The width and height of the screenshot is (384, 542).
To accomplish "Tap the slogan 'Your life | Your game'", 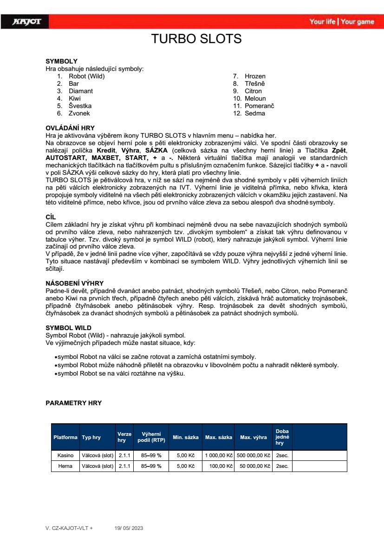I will coord(342,22).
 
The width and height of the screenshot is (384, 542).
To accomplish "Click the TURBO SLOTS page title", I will coord(196,39).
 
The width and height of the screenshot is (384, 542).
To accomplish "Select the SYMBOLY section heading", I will coord(61,61).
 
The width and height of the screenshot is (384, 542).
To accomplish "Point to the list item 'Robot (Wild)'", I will coord(87,76).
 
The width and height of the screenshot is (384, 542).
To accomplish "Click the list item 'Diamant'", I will coord(81,91).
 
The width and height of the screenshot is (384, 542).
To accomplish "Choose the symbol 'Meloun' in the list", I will coord(255,98).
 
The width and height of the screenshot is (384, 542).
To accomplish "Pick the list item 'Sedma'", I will coord(255,113).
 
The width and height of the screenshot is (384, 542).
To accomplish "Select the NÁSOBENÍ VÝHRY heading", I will coord(74,283).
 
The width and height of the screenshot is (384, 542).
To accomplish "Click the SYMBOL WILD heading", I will coord(68,328).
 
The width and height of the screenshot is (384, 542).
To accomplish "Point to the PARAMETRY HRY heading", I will coord(73,403).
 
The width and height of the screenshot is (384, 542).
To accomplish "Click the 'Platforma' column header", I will coord(65,437).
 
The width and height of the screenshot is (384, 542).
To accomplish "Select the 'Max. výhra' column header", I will coord(253,437).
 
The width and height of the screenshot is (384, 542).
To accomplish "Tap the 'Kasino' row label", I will coord(65,455).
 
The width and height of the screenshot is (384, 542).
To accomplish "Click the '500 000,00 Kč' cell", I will coord(254,455).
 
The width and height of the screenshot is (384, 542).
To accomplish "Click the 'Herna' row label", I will coord(65,466).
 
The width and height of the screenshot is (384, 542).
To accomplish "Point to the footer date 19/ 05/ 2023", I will coord(129,528).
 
